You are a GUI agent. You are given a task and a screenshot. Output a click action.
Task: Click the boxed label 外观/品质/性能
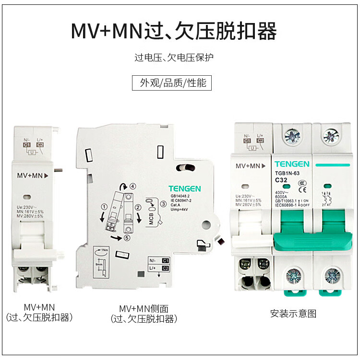[172, 82]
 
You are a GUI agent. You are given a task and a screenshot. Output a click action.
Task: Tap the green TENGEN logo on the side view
[184, 189]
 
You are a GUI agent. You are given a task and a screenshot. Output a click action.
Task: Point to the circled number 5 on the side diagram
[126, 238]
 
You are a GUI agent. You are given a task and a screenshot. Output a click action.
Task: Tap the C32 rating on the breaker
[281, 180]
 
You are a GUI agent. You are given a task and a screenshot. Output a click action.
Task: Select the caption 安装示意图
[293, 314]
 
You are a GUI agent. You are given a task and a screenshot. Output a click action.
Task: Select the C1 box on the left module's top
[26, 144]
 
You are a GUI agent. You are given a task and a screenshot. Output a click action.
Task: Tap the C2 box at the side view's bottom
[166, 268]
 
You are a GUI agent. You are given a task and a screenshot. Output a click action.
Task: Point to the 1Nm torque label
[103, 251]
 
